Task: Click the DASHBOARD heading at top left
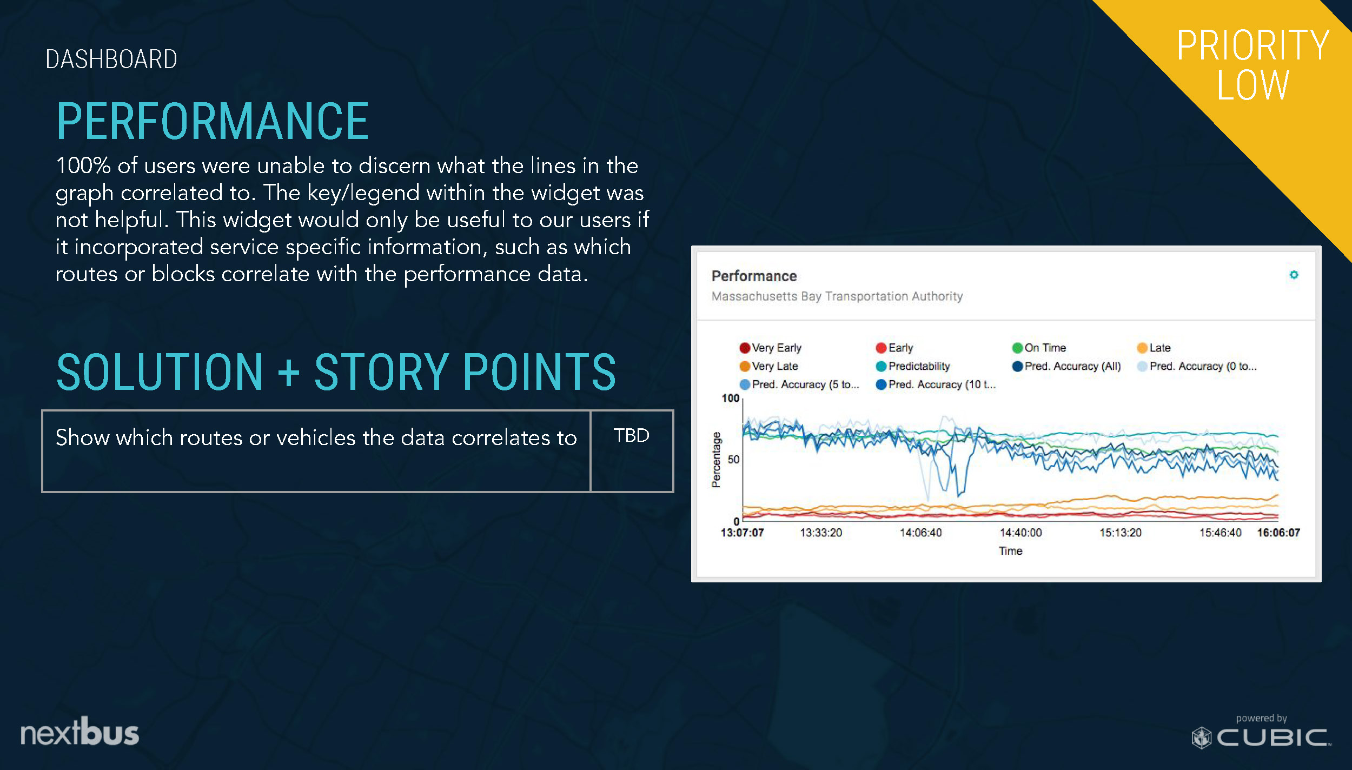coord(111,59)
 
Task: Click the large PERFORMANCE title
coord(213,121)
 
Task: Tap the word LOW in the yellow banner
coord(1252,85)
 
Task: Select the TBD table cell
coord(632,451)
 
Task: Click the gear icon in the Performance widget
coord(1294,275)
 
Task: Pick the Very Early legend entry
coord(770,348)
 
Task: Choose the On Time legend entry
coord(1039,348)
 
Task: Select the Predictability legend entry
coord(912,366)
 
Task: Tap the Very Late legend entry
coord(768,366)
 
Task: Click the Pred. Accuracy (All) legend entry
coord(1066,366)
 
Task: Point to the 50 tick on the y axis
coord(733,459)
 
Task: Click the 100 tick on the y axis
coord(730,398)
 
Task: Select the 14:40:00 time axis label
coord(1020,533)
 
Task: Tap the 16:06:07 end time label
coord(1278,533)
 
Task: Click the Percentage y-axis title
coord(716,460)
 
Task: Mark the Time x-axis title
coord(1010,551)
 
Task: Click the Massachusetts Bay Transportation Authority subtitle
coord(837,296)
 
